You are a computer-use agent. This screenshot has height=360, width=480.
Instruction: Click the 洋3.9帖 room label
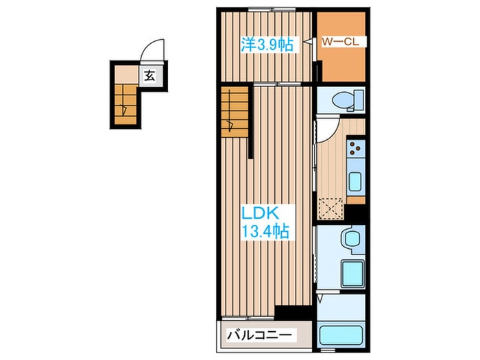click(267, 45)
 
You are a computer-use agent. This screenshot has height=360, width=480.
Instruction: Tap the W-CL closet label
click(340, 42)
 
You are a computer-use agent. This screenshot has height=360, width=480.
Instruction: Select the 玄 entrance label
click(149, 75)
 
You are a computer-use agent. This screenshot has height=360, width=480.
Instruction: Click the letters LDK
click(260, 213)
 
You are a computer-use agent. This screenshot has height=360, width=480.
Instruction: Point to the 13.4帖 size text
click(266, 232)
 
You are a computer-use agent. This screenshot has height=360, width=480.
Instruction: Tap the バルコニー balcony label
click(259, 335)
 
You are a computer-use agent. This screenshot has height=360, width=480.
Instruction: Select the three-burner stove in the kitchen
click(356, 148)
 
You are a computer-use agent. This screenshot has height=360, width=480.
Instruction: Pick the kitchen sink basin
click(355, 182)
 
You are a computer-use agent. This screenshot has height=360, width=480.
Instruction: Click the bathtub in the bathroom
click(341, 336)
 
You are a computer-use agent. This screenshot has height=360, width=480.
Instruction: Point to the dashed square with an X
click(331, 208)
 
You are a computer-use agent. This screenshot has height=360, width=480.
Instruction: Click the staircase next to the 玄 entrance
click(125, 105)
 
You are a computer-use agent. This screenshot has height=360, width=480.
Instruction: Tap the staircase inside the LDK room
click(235, 112)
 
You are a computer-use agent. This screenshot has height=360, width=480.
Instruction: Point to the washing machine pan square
click(352, 274)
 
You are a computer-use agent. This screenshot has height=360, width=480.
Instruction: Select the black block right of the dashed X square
click(355, 213)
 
